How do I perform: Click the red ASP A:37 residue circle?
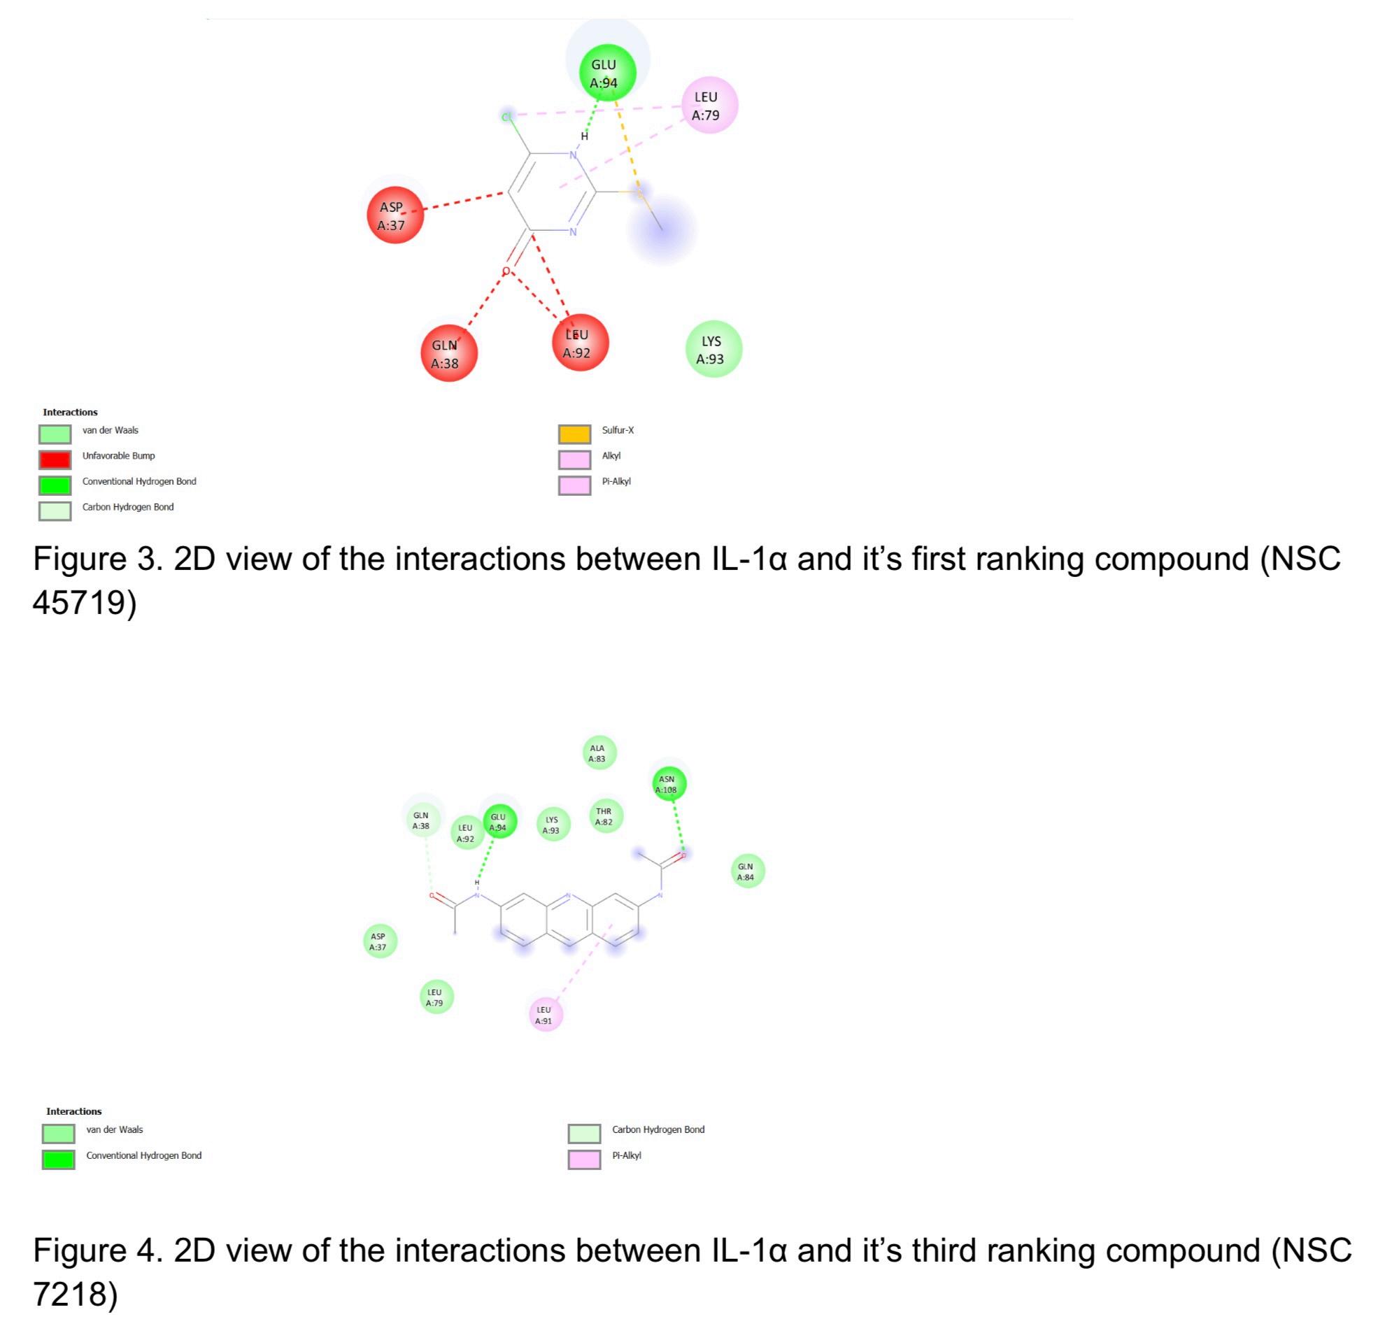tap(395, 215)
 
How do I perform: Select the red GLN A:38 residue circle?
tap(448, 353)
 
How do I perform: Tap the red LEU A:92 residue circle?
tap(580, 343)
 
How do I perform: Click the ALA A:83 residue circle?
tap(599, 753)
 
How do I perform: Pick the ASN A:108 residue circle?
tap(669, 783)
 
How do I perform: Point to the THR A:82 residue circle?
tap(605, 815)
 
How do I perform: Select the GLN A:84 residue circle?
tap(747, 871)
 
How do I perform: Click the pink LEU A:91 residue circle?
tap(546, 1014)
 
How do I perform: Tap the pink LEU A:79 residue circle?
tap(708, 105)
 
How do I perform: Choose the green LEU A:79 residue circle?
tap(436, 996)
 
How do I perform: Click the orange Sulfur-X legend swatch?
tap(574, 434)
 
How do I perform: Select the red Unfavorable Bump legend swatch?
tap(55, 459)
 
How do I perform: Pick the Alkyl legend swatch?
tap(574, 459)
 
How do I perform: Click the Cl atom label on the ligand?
tap(506, 116)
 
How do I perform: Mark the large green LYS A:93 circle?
tap(713, 349)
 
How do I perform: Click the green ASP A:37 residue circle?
tap(380, 941)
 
